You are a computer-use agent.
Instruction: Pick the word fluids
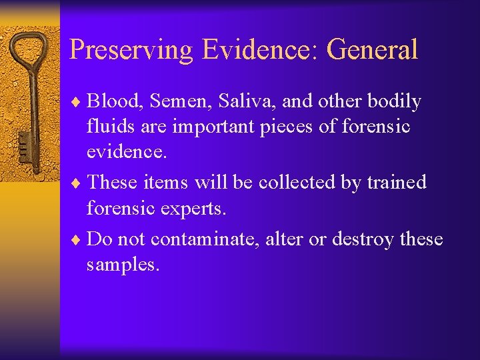[x=109, y=127]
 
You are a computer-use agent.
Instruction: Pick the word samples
[x=123, y=264]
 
